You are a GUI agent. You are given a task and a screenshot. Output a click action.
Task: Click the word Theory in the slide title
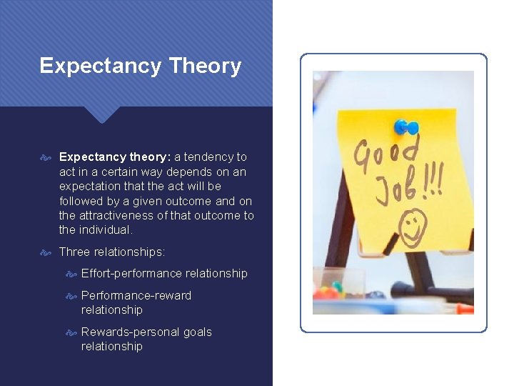tap(206, 66)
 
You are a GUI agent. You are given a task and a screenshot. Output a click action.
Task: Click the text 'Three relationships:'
tap(112, 252)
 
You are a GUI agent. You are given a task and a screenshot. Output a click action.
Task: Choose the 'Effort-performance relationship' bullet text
tap(164, 273)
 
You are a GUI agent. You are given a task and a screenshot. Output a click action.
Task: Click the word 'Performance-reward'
tap(136, 295)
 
